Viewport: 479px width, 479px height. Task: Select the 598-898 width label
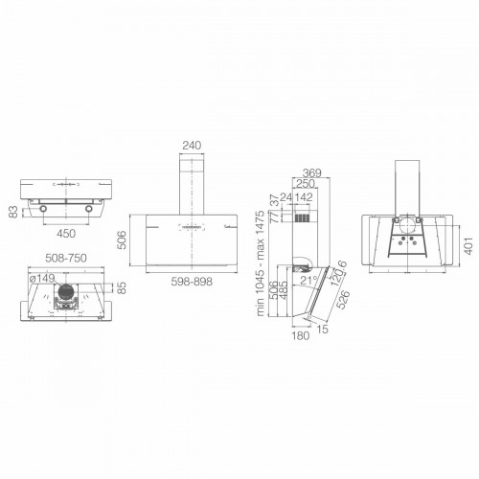click(193, 281)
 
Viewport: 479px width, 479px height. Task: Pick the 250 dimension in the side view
click(306, 184)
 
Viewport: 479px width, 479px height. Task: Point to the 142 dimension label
click(305, 198)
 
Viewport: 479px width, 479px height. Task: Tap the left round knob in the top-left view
click(41, 208)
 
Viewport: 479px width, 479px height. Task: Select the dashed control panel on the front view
click(193, 225)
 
